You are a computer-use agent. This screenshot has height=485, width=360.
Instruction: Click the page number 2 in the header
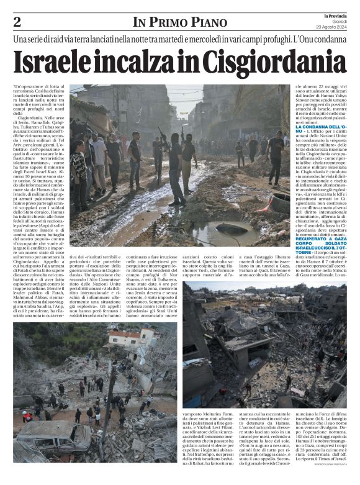17,22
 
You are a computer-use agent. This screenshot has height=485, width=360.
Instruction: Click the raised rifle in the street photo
164,135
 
